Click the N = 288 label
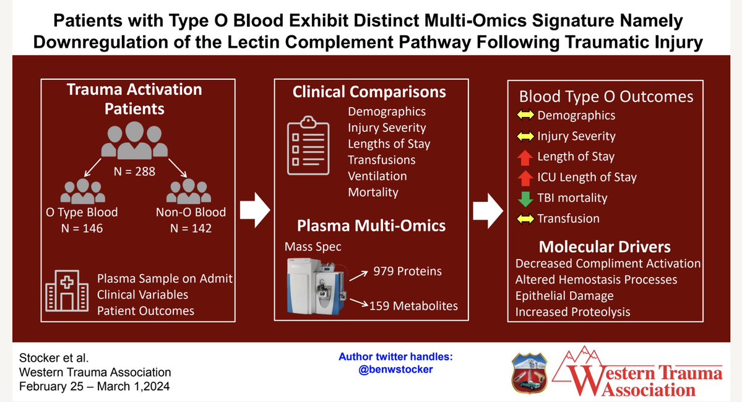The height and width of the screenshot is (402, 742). pyautogui.click(x=134, y=172)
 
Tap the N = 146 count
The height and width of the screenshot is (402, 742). pyautogui.click(x=82, y=228)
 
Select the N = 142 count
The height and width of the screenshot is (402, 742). pyautogui.click(x=191, y=228)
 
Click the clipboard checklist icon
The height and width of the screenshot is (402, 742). pyautogui.click(x=308, y=146)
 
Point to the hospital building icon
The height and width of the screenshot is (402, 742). pyautogui.click(x=67, y=291)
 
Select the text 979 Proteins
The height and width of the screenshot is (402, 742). pyautogui.click(x=407, y=271)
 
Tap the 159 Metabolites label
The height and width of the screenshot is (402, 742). pyautogui.click(x=413, y=306)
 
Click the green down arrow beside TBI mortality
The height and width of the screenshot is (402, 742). pyautogui.click(x=525, y=198)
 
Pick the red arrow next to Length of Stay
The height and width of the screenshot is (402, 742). pyautogui.click(x=525, y=157)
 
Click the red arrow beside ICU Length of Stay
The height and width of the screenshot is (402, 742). pyautogui.click(x=525, y=178)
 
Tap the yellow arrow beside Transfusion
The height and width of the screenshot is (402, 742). pyautogui.click(x=525, y=219)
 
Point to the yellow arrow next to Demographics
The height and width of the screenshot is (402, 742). pyautogui.click(x=525, y=115)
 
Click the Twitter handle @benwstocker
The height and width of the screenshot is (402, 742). pyautogui.click(x=395, y=369)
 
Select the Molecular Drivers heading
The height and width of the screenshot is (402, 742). pyautogui.click(x=605, y=247)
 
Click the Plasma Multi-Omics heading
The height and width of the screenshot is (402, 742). pyautogui.click(x=371, y=225)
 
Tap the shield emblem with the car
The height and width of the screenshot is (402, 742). pyautogui.click(x=530, y=373)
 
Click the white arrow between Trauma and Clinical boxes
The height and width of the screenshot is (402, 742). pyautogui.click(x=255, y=210)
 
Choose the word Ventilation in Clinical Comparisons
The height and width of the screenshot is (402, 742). pyautogui.click(x=377, y=176)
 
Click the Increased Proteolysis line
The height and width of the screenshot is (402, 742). pyautogui.click(x=572, y=312)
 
